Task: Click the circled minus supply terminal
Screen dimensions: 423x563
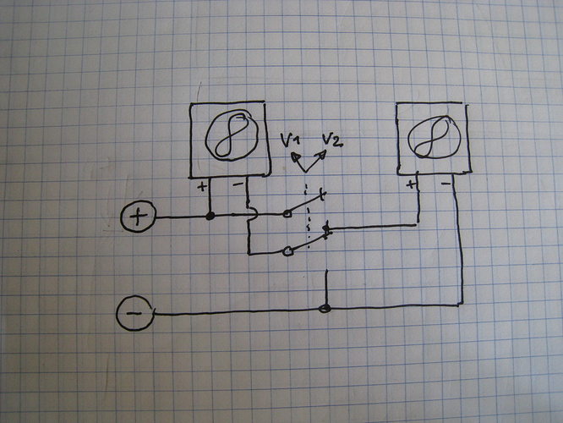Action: (134, 315)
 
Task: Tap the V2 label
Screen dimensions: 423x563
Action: (331, 140)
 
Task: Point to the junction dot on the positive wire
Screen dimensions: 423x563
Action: (210, 217)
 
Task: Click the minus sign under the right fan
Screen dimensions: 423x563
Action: (445, 181)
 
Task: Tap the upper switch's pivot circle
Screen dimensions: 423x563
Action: (287, 214)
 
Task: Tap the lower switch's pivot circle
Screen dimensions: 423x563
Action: (287, 250)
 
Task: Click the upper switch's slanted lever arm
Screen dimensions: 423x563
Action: (304, 206)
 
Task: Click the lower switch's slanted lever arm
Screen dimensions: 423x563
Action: (306, 242)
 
